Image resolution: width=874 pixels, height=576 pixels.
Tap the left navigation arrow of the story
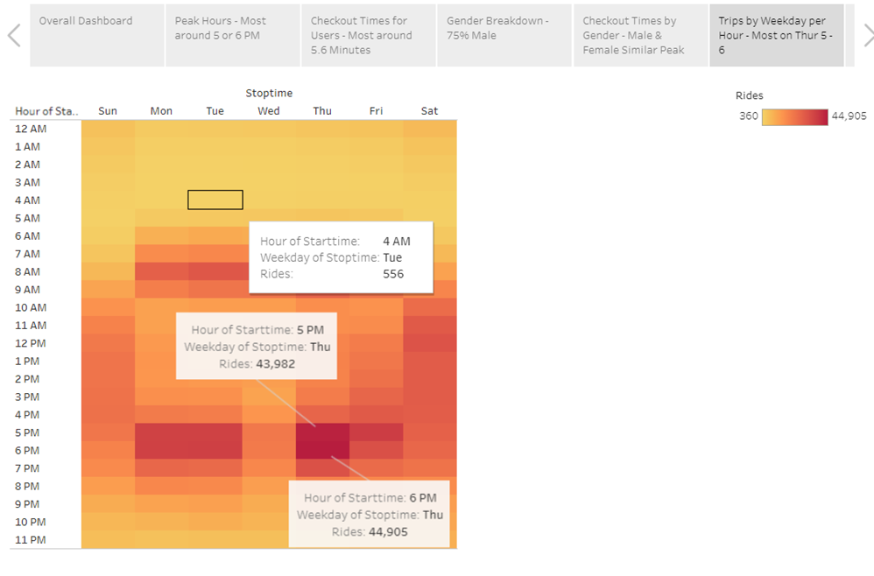point(14,35)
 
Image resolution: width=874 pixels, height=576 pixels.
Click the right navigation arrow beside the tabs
point(867,35)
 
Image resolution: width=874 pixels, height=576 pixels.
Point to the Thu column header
point(322,111)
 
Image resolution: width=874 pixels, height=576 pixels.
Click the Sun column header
point(108,111)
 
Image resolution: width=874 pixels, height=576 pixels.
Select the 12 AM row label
point(31,129)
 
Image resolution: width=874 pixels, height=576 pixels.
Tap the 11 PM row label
point(31,540)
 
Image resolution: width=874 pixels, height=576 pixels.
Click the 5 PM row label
point(28,432)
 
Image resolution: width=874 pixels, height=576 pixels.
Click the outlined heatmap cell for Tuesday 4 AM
point(215,200)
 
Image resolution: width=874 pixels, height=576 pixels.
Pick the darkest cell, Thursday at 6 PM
point(322,450)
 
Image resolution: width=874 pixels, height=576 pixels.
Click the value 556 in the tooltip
point(393,274)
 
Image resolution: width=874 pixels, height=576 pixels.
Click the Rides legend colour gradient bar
point(794,116)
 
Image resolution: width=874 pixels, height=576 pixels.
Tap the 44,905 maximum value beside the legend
point(849,116)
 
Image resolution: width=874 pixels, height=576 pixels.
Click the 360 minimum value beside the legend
point(748,116)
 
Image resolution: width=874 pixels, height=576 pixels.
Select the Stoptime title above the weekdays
point(269,93)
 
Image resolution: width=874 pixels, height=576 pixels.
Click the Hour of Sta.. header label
point(46,111)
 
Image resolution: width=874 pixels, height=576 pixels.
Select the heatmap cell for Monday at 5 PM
point(161,432)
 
